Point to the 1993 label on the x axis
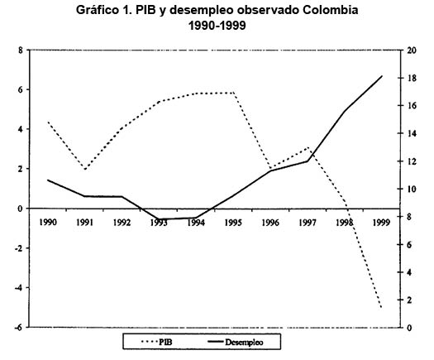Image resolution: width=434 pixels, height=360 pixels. pyautogui.click(x=160, y=222)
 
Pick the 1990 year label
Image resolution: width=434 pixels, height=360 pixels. pyautogui.click(x=48, y=222)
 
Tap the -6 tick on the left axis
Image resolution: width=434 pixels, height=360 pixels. pyautogui.click(x=17, y=328)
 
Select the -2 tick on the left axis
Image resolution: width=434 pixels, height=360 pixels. pyautogui.click(x=17, y=248)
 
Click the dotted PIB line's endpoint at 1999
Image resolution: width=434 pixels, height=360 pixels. pyautogui.click(x=381, y=307)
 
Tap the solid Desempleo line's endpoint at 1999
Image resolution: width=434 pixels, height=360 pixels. pyautogui.click(x=381, y=76)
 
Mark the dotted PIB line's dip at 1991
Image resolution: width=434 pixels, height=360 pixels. pyautogui.click(x=85, y=169)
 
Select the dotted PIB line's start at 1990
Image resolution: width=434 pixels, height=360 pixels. pyautogui.click(x=48, y=122)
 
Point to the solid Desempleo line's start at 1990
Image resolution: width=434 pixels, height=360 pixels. pyautogui.click(x=48, y=180)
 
